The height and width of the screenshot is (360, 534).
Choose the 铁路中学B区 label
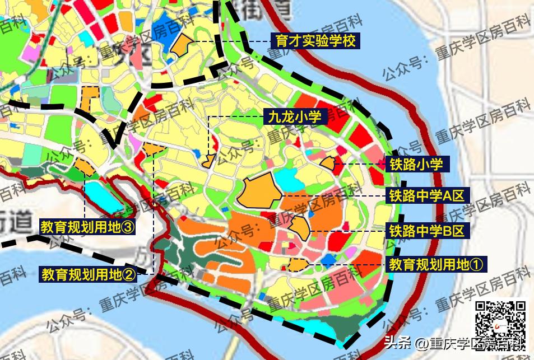tap(427, 230)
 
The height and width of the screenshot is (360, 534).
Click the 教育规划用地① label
tap(436, 264)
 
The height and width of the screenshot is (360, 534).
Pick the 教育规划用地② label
tap(88, 274)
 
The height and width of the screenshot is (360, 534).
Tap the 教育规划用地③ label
tap(88, 227)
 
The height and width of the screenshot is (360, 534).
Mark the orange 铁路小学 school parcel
tap(327, 163)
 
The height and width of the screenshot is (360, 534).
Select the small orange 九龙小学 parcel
tap(208, 161)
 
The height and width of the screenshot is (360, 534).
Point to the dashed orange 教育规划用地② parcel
tap(152, 149)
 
